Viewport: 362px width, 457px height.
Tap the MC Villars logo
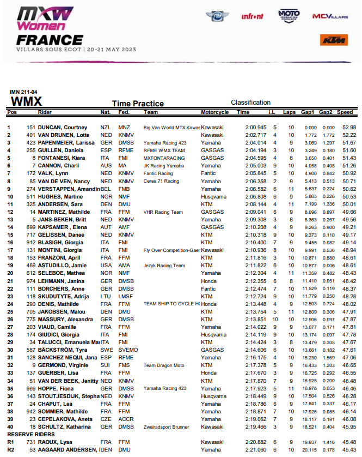[x=329, y=16]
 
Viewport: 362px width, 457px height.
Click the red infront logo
[x=252, y=16]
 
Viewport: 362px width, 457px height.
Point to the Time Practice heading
[x=138, y=104]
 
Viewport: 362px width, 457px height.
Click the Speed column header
[x=345, y=112]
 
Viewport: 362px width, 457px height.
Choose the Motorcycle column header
[x=215, y=112]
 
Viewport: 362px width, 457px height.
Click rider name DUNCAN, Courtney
[x=62, y=128]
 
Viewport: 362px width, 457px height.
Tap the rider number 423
[x=32, y=142]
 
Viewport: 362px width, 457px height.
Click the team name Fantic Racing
[x=158, y=173]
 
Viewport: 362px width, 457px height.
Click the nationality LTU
[x=106, y=296]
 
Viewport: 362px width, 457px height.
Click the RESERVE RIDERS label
[x=27, y=434]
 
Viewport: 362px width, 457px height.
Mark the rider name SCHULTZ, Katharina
[x=64, y=427]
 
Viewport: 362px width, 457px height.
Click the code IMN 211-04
[x=23, y=92]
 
